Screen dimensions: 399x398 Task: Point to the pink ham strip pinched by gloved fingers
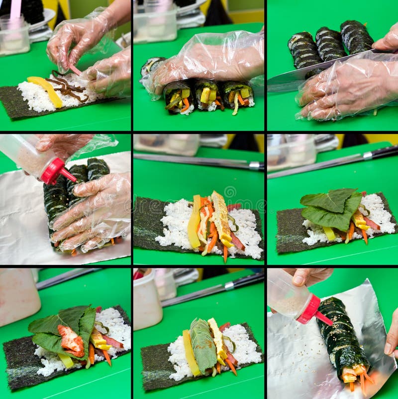coord(75,70)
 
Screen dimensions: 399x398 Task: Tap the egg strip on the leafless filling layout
coord(220,219)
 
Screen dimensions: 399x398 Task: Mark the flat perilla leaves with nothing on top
coord(331,209)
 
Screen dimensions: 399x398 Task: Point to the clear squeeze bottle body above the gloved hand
coord(25,154)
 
